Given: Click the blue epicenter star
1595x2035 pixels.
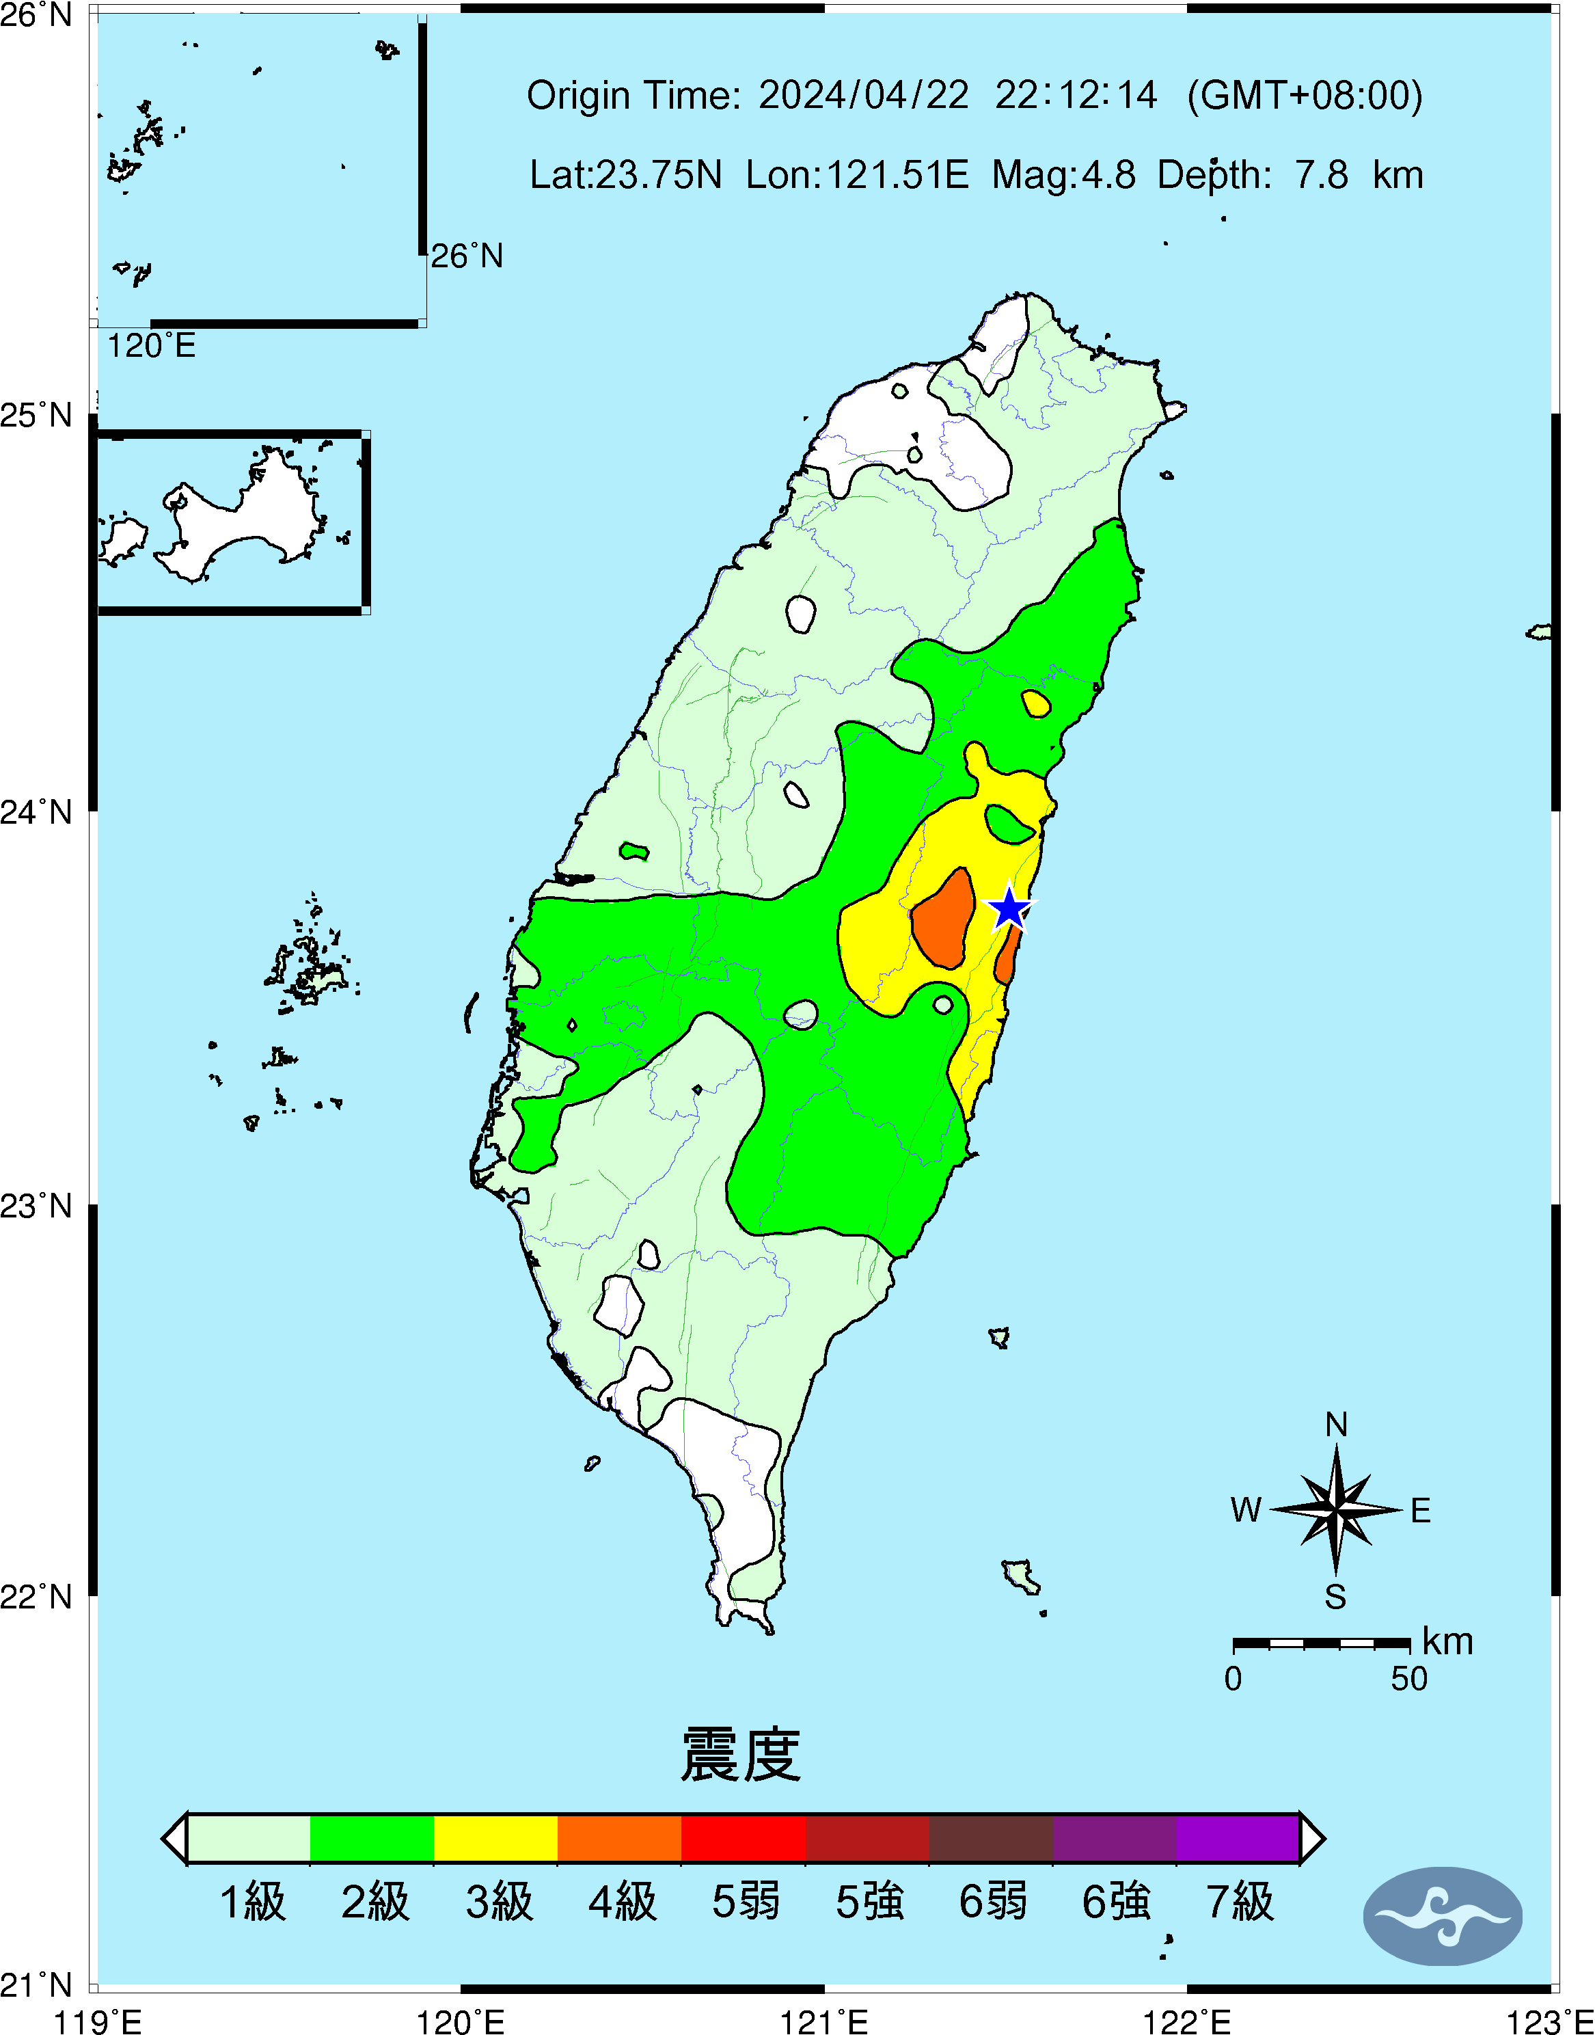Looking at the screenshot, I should point(1009,908).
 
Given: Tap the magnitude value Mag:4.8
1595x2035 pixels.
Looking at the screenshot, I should point(1063,174).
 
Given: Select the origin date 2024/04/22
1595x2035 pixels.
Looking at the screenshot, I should point(863,95).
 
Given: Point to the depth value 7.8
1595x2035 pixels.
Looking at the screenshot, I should point(1320,174).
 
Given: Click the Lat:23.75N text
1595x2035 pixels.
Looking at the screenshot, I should point(626,174).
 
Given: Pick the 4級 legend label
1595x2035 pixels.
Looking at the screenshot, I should point(622,1902).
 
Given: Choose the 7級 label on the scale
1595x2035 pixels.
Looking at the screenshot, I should point(1239,1902).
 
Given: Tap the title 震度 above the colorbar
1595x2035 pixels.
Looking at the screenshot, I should point(741,1755).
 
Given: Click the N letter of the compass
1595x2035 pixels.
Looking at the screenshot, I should point(1336,1424).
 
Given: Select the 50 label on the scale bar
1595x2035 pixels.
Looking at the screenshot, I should point(1408,1679).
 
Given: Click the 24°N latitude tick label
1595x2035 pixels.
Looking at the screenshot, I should point(36,811).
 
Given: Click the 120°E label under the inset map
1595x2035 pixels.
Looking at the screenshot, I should point(151,347).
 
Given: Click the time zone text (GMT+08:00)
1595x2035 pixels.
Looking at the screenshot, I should point(1305,95).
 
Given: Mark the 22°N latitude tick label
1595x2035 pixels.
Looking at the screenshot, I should point(36,1596).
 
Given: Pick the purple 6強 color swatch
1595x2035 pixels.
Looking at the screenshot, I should point(1114,1838).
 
